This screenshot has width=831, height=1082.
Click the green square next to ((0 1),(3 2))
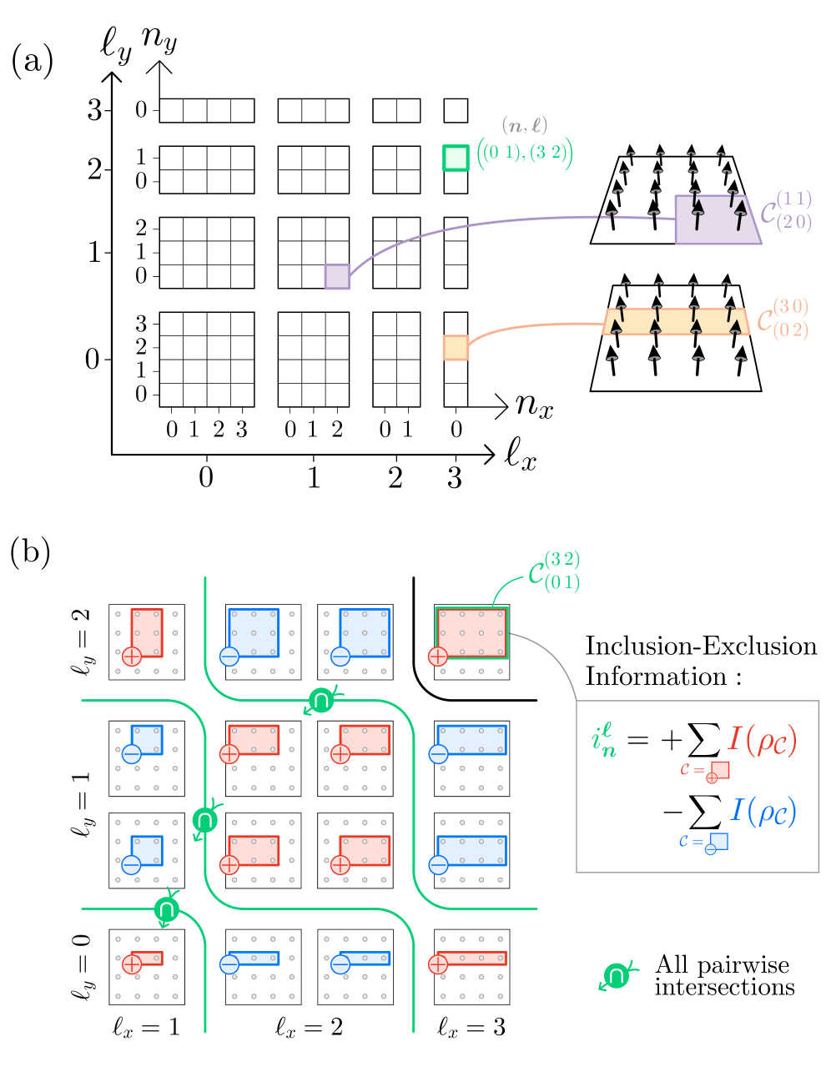[x=456, y=158]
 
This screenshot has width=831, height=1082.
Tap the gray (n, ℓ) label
[x=525, y=125]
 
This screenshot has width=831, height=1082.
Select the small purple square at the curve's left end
[x=337, y=276]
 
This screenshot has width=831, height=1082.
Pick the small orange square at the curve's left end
[x=456, y=347]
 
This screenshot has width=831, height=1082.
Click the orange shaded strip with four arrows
[x=676, y=322]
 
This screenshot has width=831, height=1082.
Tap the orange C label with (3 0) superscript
[x=783, y=319]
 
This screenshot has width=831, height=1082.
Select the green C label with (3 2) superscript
[x=554, y=571]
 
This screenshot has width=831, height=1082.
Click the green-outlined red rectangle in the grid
[x=472, y=633]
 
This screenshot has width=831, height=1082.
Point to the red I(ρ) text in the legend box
[x=763, y=740]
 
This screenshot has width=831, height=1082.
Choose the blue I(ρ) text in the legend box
[x=763, y=811]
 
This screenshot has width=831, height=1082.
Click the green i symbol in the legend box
[x=604, y=740]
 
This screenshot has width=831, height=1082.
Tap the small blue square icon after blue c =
[x=718, y=842]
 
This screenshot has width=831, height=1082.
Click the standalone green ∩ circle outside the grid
[x=616, y=975]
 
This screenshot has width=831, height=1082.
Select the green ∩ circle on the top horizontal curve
[x=321, y=701]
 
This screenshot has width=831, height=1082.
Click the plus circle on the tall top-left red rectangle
[x=132, y=657]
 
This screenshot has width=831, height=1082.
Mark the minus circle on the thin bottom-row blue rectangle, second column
[x=229, y=965]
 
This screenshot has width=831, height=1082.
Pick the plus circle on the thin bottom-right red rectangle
[x=438, y=965]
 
